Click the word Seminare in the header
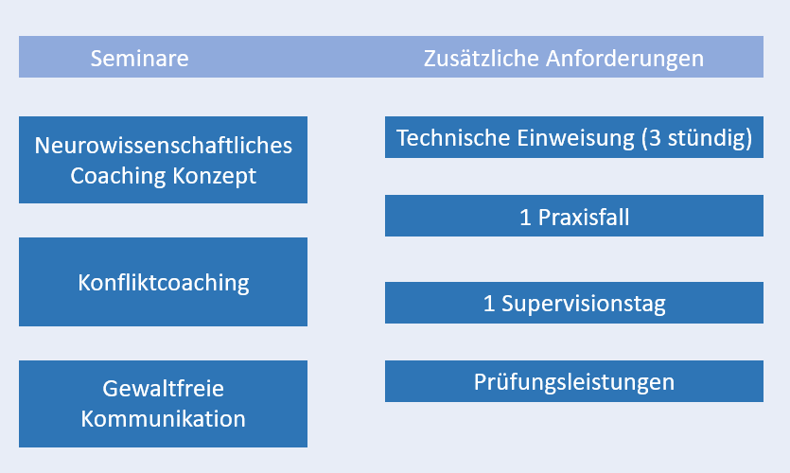(140, 59)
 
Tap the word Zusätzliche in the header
(482, 59)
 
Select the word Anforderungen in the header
(624, 59)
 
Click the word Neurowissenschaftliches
(164, 146)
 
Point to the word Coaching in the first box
(117, 176)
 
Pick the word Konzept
(214, 177)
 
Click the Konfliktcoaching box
(164, 282)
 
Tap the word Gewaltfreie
(164, 389)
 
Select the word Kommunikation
(164, 419)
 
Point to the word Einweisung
(575, 138)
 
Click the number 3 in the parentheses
(655, 138)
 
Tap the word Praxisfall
(584, 218)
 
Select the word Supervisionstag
(584, 305)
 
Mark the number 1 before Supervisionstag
(489, 305)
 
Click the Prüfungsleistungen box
(574, 381)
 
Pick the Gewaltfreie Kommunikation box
(164, 404)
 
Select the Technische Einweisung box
(574, 137)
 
